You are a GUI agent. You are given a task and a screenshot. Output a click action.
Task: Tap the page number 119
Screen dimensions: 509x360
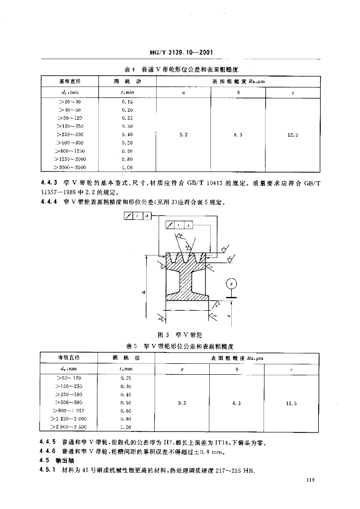coord(312,480)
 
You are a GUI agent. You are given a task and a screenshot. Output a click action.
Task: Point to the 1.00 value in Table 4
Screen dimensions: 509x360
coord(127,168)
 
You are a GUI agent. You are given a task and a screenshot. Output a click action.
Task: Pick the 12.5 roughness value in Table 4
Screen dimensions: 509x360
coord(293,135)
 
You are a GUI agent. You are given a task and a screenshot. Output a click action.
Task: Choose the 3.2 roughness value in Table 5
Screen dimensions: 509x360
coord(182,403)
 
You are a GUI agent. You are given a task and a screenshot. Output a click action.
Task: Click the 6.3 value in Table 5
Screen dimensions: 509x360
coord(236,403)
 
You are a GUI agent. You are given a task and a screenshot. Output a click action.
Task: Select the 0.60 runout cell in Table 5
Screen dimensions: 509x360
coord(126,411)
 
